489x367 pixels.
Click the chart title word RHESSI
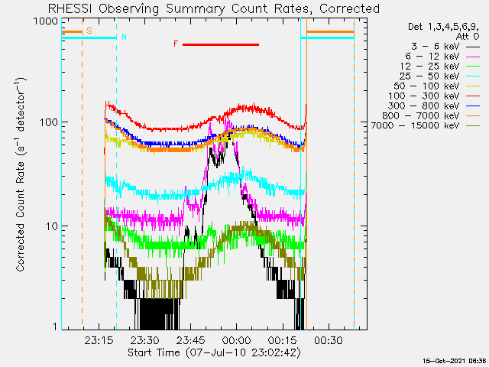pos(70,8)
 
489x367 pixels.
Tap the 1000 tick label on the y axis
pos(46,21)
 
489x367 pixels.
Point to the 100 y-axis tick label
pos(49,122)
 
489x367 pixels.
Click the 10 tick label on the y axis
pos(52,226)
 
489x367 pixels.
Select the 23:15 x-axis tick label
pos(99,340)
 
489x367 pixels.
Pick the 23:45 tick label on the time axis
pos(190,340)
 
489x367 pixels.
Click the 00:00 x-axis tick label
pos(236,340)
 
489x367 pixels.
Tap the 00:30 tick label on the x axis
pos(329,340)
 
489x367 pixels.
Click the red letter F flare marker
pos(176,44)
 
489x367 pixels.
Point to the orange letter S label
pos(89,31)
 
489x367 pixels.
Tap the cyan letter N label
pos(124,37)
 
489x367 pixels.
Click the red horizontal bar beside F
pos(221,44)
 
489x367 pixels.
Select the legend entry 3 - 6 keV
pos(435,47)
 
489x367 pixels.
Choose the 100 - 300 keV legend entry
pos(423,96)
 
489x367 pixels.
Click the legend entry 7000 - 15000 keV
pos(415,125)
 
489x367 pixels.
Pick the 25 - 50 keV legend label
pos(429,76)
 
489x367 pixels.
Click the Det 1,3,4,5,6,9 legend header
pos(443,27)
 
